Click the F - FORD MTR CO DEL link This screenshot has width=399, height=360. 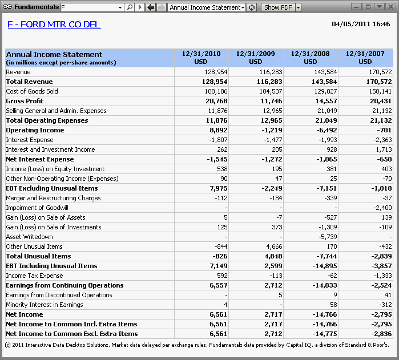[x=54, y=25]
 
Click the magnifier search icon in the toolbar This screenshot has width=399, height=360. [x=130, y=7]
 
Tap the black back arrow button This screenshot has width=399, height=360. [x=151, y=7]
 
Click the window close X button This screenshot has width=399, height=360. [x=390, y=7]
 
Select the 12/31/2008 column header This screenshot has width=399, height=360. [x=310, y=58]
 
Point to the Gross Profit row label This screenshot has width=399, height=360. [x=25, y=101]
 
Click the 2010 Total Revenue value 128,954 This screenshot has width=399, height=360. [x=215, y=82]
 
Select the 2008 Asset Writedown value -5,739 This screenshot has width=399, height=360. [x=328, y=237]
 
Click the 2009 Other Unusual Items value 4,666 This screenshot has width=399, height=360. [x=274, y=246]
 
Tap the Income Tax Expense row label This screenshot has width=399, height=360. [x=34, y=276]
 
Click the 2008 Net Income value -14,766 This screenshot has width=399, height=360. [x=325, y=314]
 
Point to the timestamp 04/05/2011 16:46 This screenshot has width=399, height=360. [x=361, y=24]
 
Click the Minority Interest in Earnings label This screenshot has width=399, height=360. [x=45, y=305]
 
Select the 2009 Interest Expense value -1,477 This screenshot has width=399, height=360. [x=273, y=140]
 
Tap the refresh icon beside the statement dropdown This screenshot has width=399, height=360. [x=251, y=7]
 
